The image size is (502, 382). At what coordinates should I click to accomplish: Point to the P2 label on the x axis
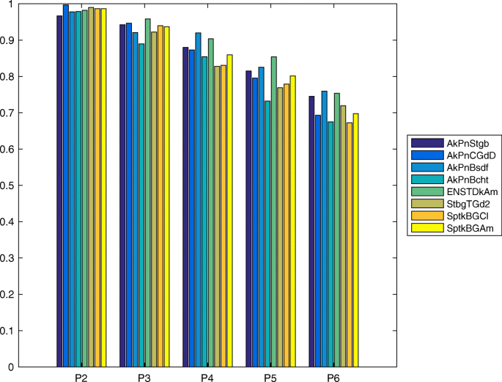tap(81, 377)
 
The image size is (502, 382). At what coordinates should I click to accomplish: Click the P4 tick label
tap(207, 377)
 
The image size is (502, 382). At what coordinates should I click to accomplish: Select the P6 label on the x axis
tap(333, 377)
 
